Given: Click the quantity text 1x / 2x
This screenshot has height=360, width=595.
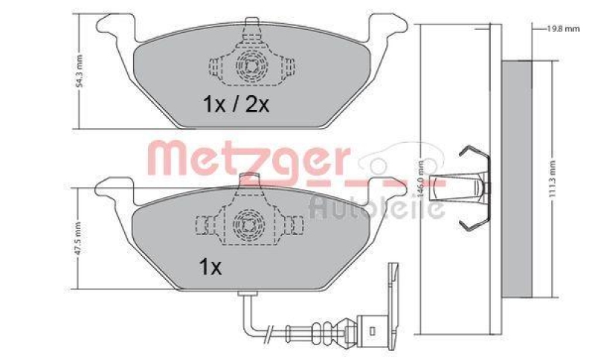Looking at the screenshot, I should pyautogui.click(x=236, y=105).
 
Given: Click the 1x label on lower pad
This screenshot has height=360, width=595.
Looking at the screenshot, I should pyautogui.click(x=209, y=267).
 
